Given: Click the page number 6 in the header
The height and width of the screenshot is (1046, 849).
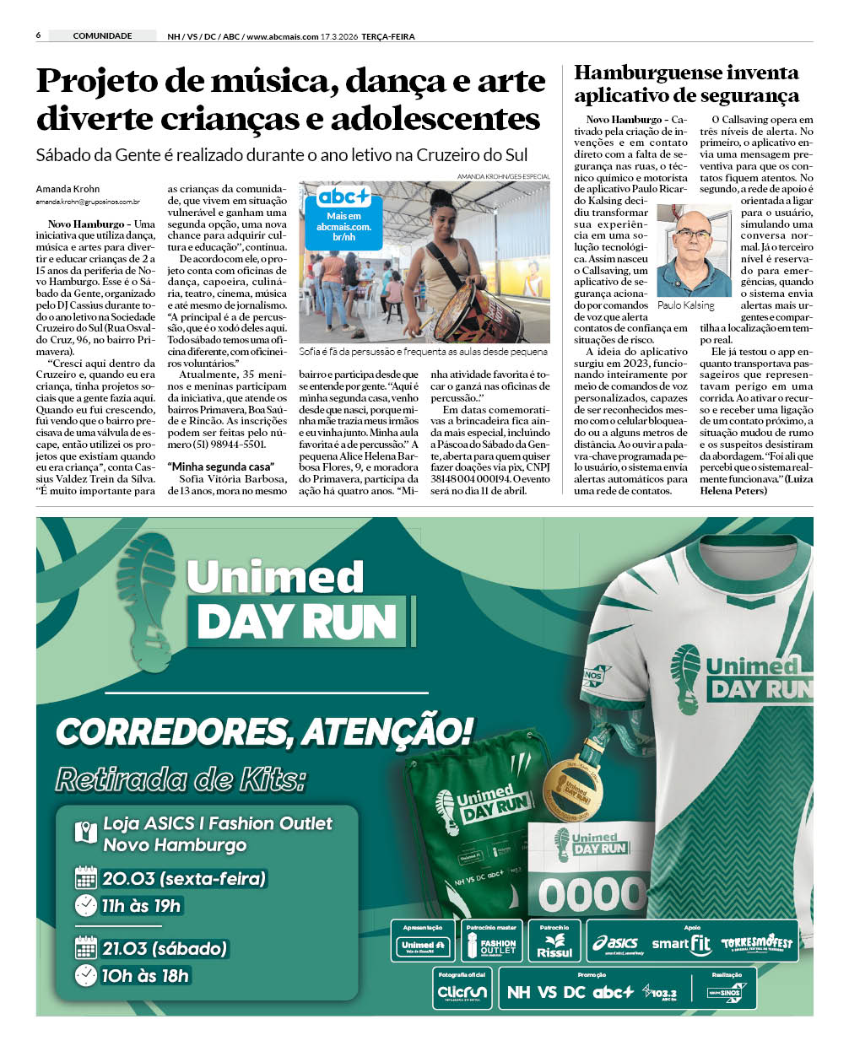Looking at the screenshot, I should pyautogui.click(x=39, y=35).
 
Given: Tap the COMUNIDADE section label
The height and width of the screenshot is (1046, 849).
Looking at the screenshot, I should pyautogui.click(x=102, y=35).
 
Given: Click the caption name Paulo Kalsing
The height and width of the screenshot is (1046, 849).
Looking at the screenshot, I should pyautogui.click(x=685, y=305).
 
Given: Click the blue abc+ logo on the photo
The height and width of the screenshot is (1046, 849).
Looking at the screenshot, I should pyautogui.click(x=343, y=197).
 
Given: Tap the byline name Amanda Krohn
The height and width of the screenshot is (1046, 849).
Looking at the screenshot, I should pyautogui.click(x=68, y=189).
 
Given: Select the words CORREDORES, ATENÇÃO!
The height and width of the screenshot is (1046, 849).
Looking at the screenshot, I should pyautogui.click(x=263, y=731).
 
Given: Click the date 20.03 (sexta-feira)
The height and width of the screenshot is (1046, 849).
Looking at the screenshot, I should pyautogui.click(x=184, y=878).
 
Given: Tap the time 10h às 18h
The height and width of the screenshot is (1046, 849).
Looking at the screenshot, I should pyautogui.click(x=144, y=976).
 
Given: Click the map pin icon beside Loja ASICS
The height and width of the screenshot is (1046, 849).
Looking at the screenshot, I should pyautogui.click(x=86, y=833).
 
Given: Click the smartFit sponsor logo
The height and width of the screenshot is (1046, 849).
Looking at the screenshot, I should pyautogui.click(x=681, y=944).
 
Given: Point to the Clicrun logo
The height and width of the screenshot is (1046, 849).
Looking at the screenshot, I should pyautogui.click(x=462, y=992).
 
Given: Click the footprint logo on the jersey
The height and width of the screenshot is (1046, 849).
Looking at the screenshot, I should pyautogui.click(x=685, y=675).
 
